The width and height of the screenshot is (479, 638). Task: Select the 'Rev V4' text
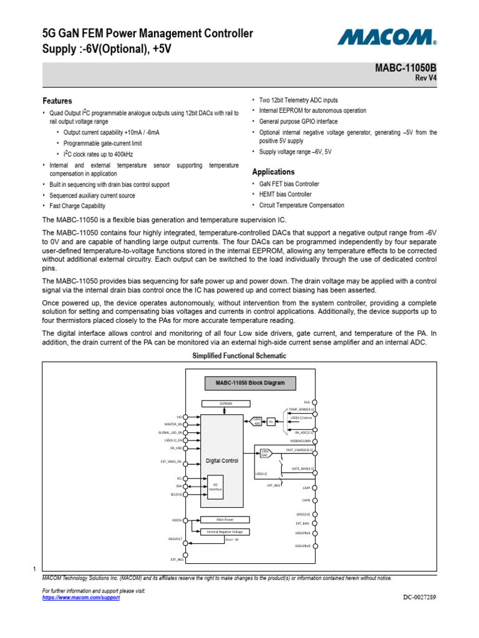425,78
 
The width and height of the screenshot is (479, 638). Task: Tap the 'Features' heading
57,101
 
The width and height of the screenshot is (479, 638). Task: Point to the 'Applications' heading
273,172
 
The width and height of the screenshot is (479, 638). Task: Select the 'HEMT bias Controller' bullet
285,194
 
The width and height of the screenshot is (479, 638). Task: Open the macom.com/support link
80,598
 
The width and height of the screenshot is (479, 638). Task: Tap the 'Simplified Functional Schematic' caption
239,356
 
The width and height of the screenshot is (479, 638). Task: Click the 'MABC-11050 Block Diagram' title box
249,383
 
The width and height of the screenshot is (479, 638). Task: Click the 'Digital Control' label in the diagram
222,461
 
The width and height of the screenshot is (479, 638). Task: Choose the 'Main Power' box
225,519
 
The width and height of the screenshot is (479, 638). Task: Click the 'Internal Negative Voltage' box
225,531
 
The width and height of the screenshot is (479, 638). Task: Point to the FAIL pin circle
315,402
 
